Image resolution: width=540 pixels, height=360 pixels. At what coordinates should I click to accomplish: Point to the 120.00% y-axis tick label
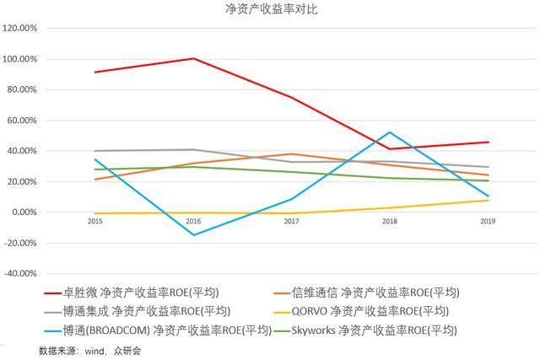tap(19, 29)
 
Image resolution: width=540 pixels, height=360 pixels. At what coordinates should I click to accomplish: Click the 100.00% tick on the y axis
tap(19, 59)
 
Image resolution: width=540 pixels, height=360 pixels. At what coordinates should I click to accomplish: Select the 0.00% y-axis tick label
tap(23, 212)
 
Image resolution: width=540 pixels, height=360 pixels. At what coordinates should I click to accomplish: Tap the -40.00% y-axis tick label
tap(19, 274)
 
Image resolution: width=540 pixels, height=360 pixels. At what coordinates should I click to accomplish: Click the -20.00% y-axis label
tap(19, 243)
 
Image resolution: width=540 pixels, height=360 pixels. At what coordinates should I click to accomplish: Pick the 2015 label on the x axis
tap(95, 221)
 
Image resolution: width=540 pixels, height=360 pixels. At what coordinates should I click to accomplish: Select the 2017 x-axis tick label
tap(291, 221)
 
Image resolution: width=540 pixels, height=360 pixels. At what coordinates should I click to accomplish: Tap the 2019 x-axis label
tap(487, 221)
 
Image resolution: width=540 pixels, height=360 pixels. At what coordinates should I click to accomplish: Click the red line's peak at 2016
tap(194, 58)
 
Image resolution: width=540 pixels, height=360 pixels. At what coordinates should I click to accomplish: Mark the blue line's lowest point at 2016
tap(194, 235)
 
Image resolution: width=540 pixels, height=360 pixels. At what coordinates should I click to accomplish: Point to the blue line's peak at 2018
tap(389, 132)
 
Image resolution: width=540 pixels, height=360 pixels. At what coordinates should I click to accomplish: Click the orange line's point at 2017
tap(291, 154)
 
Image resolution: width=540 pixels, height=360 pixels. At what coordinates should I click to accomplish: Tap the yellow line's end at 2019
tap(488, 200)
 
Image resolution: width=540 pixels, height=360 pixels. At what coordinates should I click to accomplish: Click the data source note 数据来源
tap(90, 350)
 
